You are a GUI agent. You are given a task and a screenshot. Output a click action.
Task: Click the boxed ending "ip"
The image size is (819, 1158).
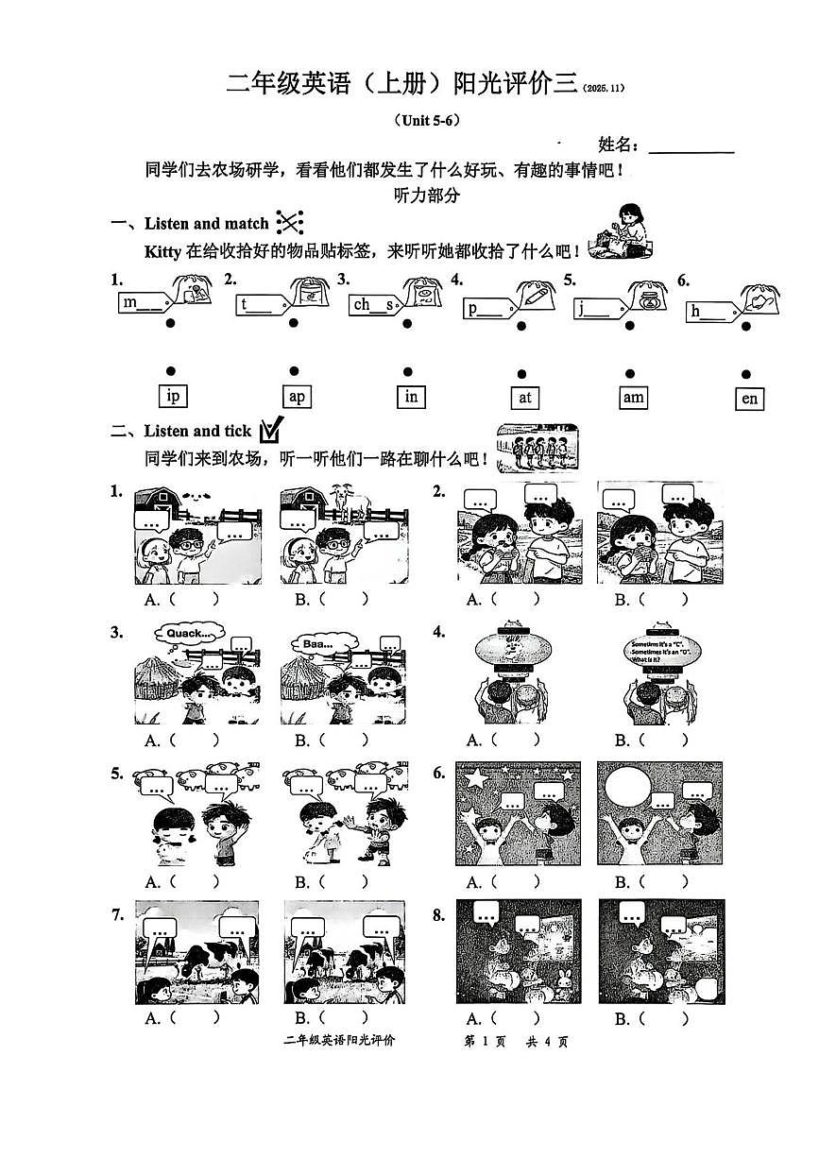click(173, 397)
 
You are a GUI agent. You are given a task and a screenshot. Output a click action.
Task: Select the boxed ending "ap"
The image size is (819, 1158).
click(297, 397)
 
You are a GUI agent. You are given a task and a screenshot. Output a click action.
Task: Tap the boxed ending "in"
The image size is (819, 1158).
click(411, 397)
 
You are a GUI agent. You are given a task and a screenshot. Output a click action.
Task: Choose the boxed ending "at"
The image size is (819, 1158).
click(525, 398)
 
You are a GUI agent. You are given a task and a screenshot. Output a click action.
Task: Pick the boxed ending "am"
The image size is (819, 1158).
click(633, 398)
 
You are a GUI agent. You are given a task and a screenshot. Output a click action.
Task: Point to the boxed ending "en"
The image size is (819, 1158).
click(749, 399)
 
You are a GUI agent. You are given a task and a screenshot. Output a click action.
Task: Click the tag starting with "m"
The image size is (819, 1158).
click(143, 302)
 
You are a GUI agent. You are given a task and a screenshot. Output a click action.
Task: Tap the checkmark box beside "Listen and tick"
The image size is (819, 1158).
click(270, 431)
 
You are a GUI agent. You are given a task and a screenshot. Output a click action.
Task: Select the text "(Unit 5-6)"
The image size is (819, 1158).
click(425, 120)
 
